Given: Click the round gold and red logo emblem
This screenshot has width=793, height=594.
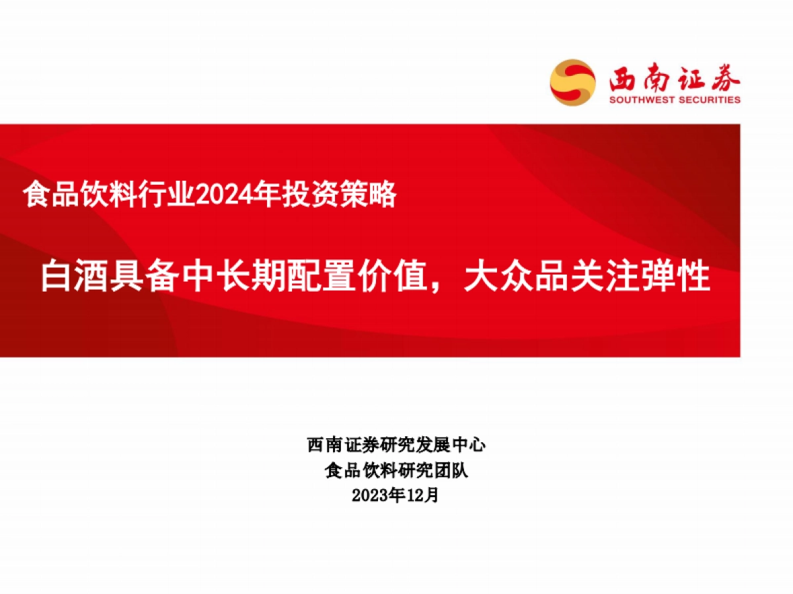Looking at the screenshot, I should click(x=572, y=82).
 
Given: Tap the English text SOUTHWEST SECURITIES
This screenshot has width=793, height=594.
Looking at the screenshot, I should click(x=674, y=100).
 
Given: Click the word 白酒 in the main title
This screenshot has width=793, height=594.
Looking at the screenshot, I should click(x=75, y=277).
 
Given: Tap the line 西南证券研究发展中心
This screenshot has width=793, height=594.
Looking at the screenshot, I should click(x=397, y=445).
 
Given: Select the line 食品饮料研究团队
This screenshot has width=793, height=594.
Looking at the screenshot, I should click(x=397, y=470).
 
